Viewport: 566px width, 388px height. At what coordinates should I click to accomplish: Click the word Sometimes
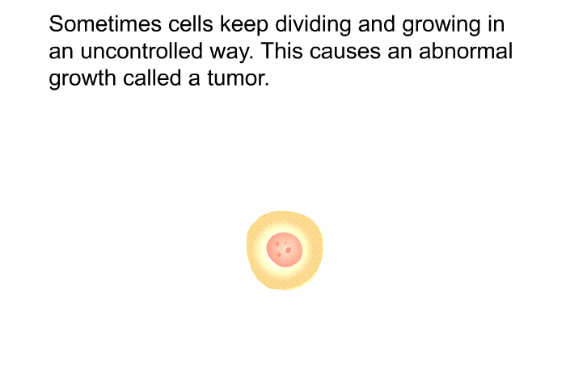pos(105,24)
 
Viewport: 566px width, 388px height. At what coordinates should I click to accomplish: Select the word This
pos(282,51)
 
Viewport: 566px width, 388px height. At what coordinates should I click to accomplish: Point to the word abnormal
pos(466,51)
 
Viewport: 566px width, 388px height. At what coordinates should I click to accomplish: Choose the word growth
pos(82,78)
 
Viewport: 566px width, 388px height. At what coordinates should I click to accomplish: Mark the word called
pos(152,78)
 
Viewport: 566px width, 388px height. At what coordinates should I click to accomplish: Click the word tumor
pos(239,78)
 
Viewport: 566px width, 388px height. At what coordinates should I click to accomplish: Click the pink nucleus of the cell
pos(285,250)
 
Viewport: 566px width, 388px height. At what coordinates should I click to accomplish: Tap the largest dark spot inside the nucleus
pos(288,250)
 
